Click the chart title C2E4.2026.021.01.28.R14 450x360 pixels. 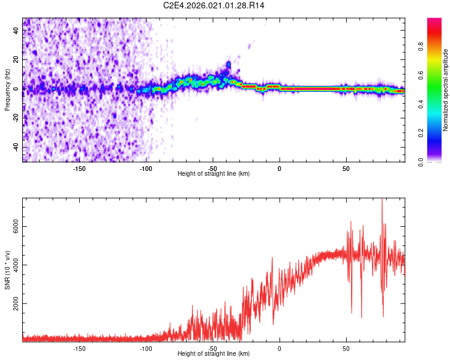pos(214,5)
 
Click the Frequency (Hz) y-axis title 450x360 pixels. pos(7,89)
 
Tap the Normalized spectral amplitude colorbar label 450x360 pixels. pos(446,90)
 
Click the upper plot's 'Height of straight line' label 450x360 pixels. pos(214,173)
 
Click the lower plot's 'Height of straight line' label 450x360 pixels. pos(214,354)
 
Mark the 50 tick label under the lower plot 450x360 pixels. pos(346,347)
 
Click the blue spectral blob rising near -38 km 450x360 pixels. pos(228,64)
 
